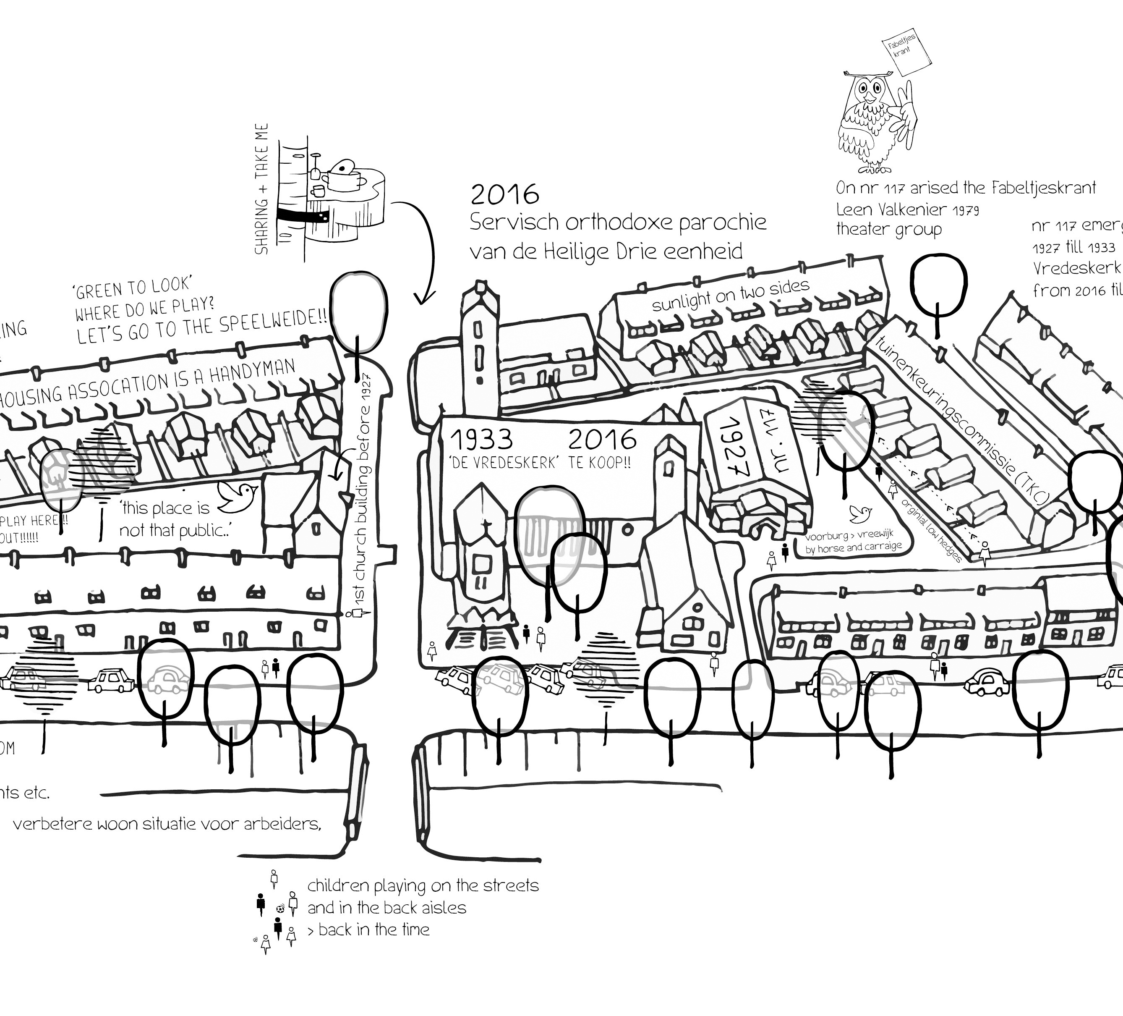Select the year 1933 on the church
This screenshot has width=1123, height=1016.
pyautogui.click(x=481, y=440)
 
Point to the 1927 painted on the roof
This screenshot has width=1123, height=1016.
pyautogui.click(x=730, y=446)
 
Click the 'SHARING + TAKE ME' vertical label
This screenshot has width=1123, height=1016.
pyautogui.click(x=262, y=189)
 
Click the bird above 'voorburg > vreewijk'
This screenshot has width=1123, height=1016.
pyautogui.click(x=860, y=512)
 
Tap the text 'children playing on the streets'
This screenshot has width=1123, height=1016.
pyautogui.click(x=423, y=885)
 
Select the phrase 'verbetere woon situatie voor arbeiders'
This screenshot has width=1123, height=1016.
pyautogui.click(x=167, y=824)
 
